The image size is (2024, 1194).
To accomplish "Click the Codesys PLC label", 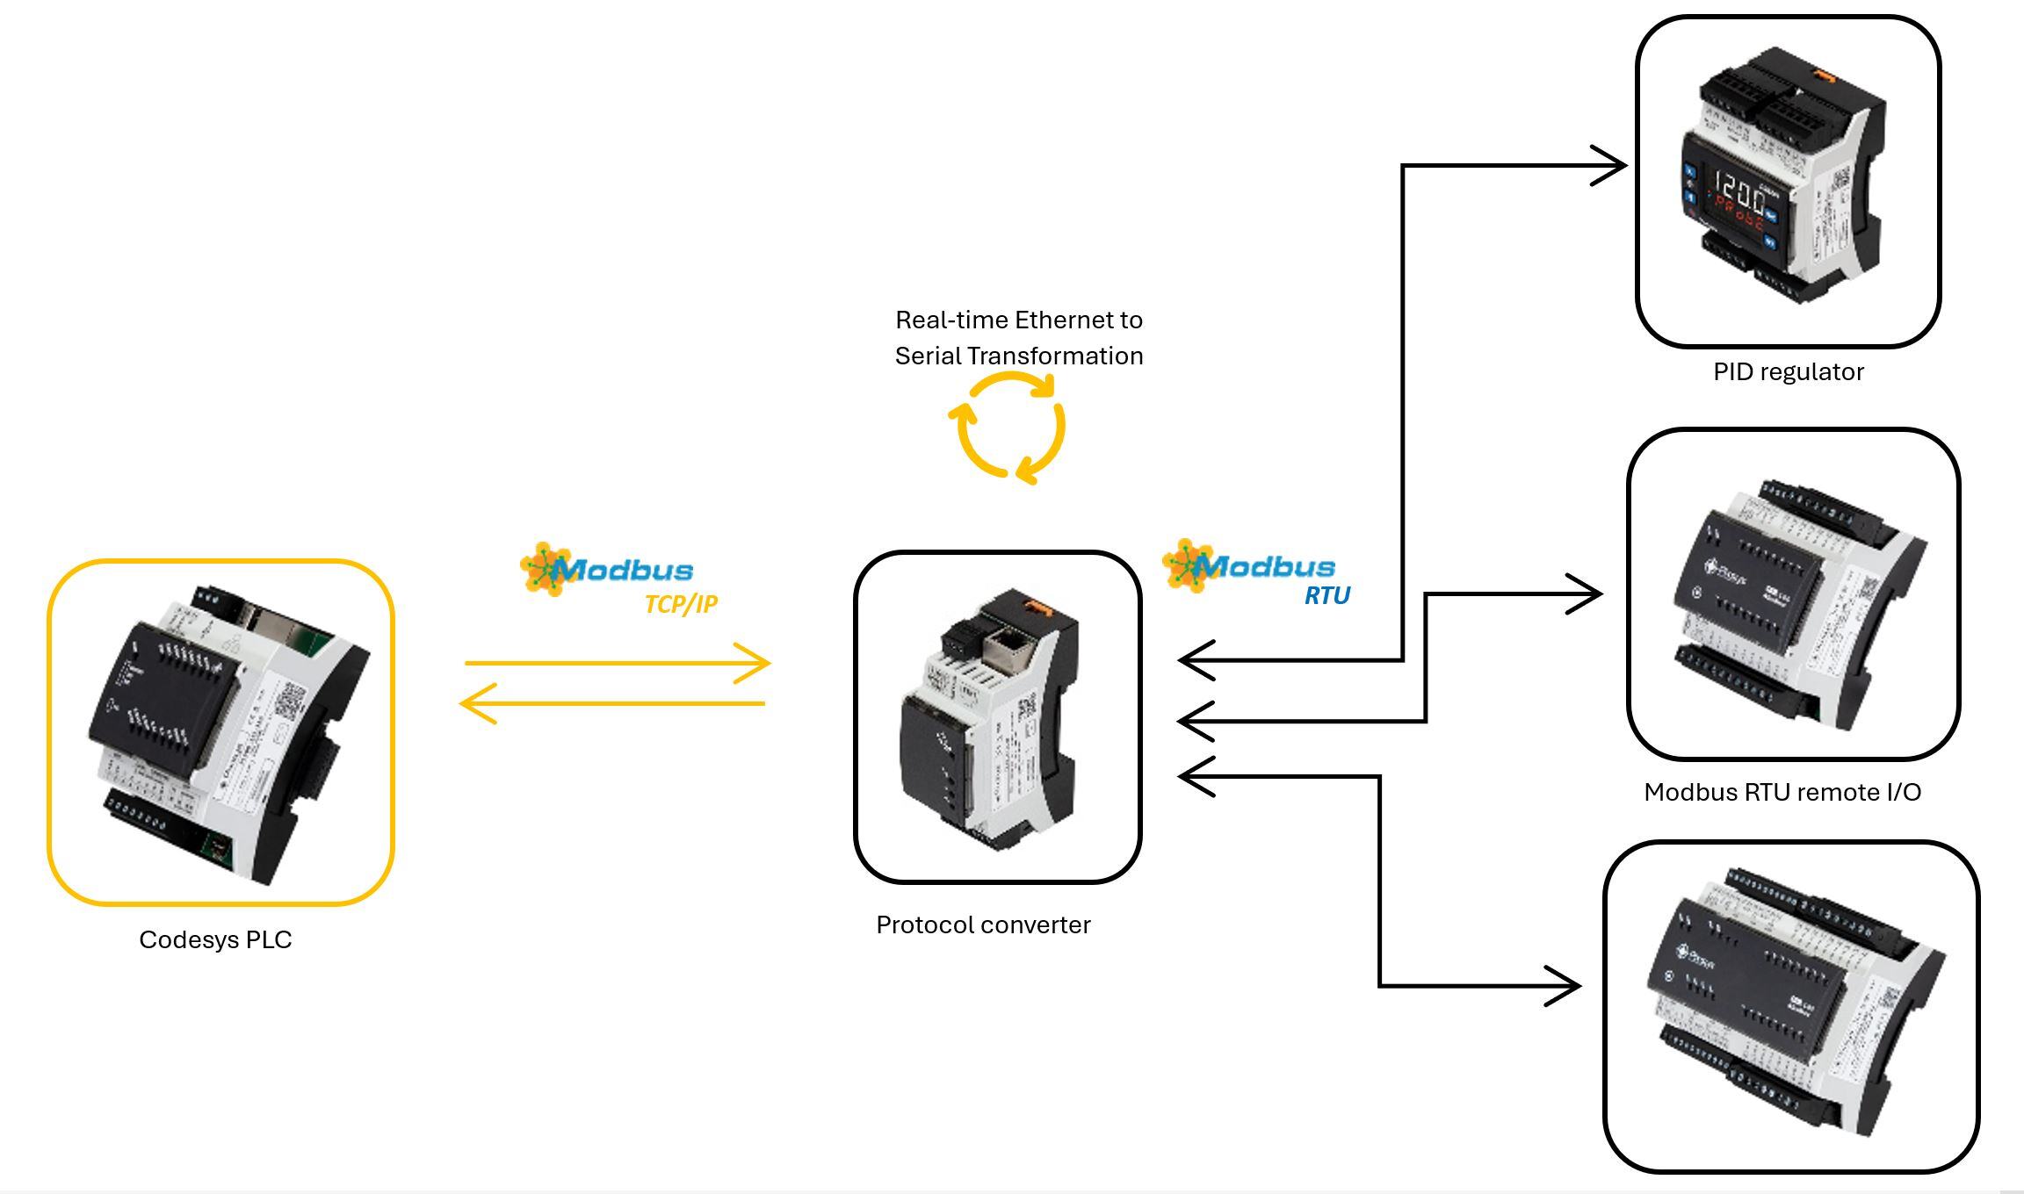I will (215, 939).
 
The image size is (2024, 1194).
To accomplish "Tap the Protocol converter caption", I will (983, 924).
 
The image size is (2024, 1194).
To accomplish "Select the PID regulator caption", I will (1788, 371).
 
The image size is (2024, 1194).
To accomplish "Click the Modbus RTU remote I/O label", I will (1782, 792).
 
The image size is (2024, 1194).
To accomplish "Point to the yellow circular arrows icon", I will (1008, 428).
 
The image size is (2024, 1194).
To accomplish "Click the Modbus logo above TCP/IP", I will (607, 569).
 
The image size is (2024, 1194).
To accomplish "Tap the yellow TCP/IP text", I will (681, 604).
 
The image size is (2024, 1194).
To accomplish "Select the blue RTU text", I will (1326, 595).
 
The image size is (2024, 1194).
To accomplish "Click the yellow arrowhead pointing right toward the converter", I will (755, 664).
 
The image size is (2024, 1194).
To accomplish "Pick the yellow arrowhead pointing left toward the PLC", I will (475, 703).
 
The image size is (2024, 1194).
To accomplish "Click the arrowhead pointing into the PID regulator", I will (1612, 165).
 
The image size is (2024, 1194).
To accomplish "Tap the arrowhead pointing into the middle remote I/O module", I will (1587, 594).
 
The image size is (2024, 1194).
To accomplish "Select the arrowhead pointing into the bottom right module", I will (1566, 986).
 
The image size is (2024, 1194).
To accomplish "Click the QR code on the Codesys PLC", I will (290, 701).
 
